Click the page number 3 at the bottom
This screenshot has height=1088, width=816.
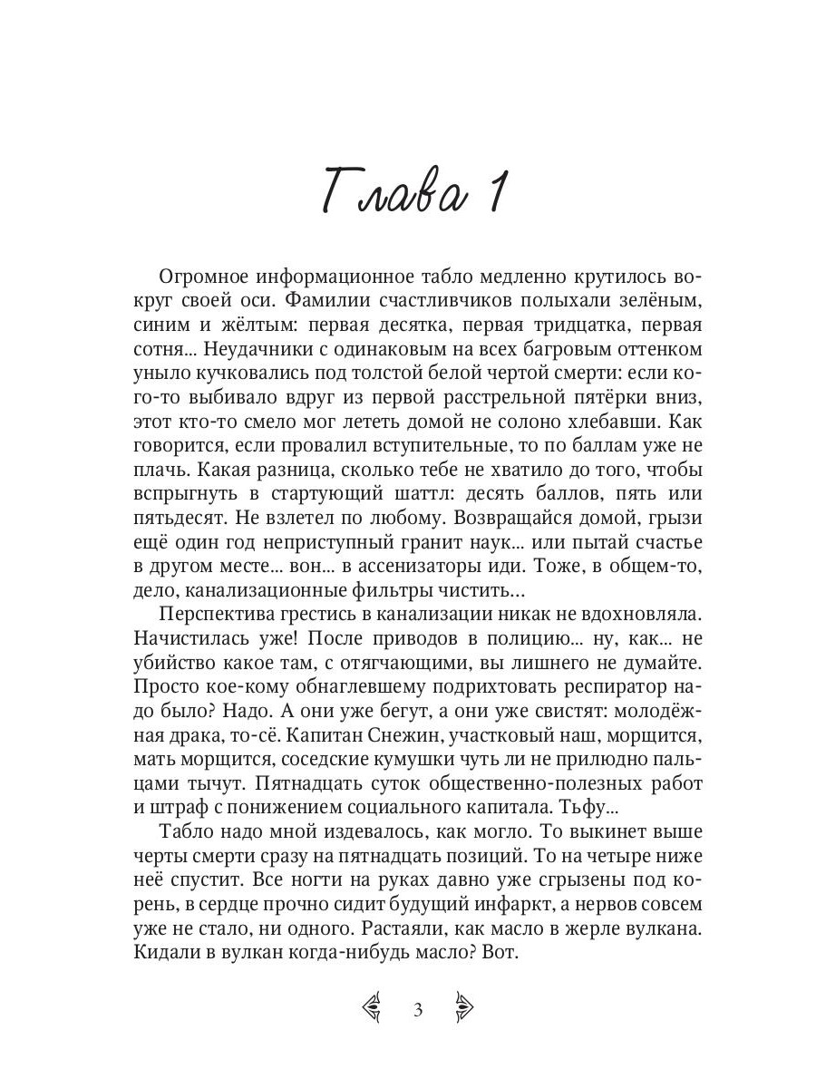(418, 1009)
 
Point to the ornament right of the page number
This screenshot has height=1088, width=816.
(463, 1008)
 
